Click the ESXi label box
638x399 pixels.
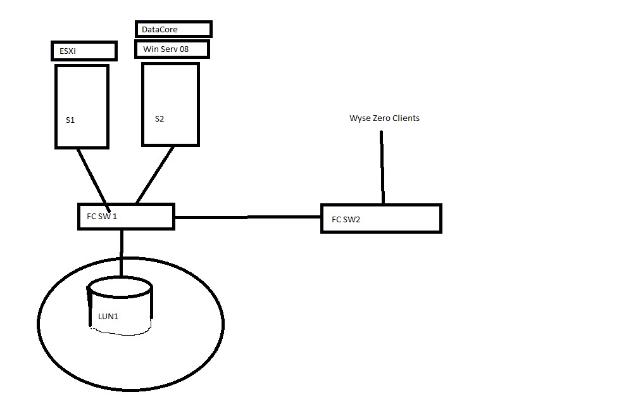84,51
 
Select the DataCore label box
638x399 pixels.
173,29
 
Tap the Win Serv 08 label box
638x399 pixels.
171,49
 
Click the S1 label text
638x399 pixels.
70,119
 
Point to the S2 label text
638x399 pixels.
159,118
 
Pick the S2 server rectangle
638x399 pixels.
170,89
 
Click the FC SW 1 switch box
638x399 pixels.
126,216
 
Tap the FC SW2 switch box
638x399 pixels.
380,218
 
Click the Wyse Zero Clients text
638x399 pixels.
384,118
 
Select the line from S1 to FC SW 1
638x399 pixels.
92,176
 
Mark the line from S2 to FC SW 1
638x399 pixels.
155,175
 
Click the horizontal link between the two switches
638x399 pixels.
247,217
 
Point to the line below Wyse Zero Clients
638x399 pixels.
382,167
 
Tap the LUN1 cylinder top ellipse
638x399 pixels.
120,288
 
